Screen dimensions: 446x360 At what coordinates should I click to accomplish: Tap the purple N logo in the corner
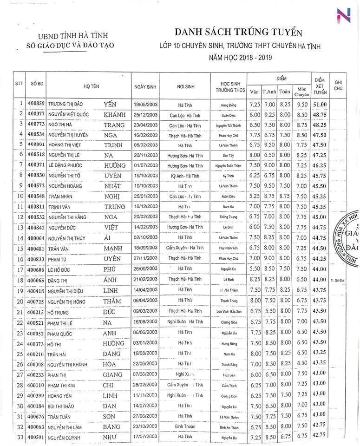343,15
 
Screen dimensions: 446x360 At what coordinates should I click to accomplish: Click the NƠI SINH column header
185,87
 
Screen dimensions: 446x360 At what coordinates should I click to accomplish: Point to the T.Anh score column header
269,91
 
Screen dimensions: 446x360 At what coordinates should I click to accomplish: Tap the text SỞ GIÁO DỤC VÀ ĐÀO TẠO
71,46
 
